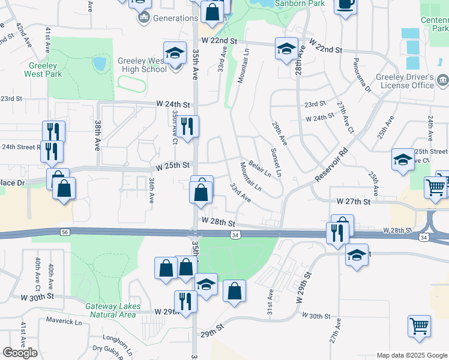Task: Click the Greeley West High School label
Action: click(134, 64)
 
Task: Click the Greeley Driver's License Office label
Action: click(405, 81)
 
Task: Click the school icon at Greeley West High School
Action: click(175, 53)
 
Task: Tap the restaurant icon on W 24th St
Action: click(188, 126)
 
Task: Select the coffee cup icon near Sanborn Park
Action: click(345, 5)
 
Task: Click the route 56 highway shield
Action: click(65, 232)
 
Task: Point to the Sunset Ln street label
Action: click(276, 162)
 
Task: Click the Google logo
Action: click(20, 353)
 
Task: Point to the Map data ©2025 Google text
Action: click(411, 355)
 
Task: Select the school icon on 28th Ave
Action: click(286, 49)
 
